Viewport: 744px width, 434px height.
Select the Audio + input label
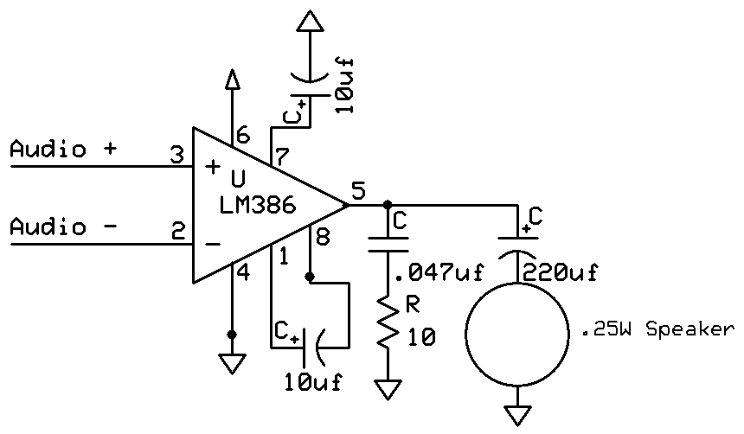tap(62, 149)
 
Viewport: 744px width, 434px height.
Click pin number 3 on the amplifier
tap(176, 156)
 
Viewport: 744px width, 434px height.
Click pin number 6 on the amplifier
tap(243, 136)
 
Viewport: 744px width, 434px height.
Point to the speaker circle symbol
tap(517, 332)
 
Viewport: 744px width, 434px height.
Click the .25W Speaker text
tap(657, 329)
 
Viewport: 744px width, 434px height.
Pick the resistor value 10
tap(419, 337)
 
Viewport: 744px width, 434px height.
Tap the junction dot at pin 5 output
tap(385, 206)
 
